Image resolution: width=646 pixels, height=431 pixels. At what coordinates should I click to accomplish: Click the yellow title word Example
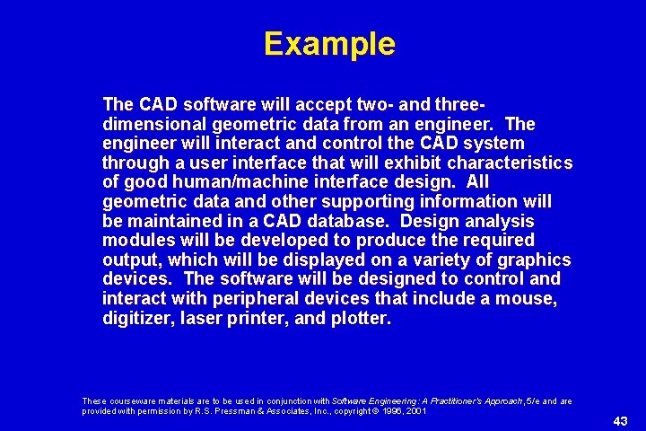pos(329,44)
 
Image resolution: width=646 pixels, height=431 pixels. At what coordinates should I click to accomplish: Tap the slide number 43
pos(620,421)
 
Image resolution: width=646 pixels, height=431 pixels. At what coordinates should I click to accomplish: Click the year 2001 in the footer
pos(414,411)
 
